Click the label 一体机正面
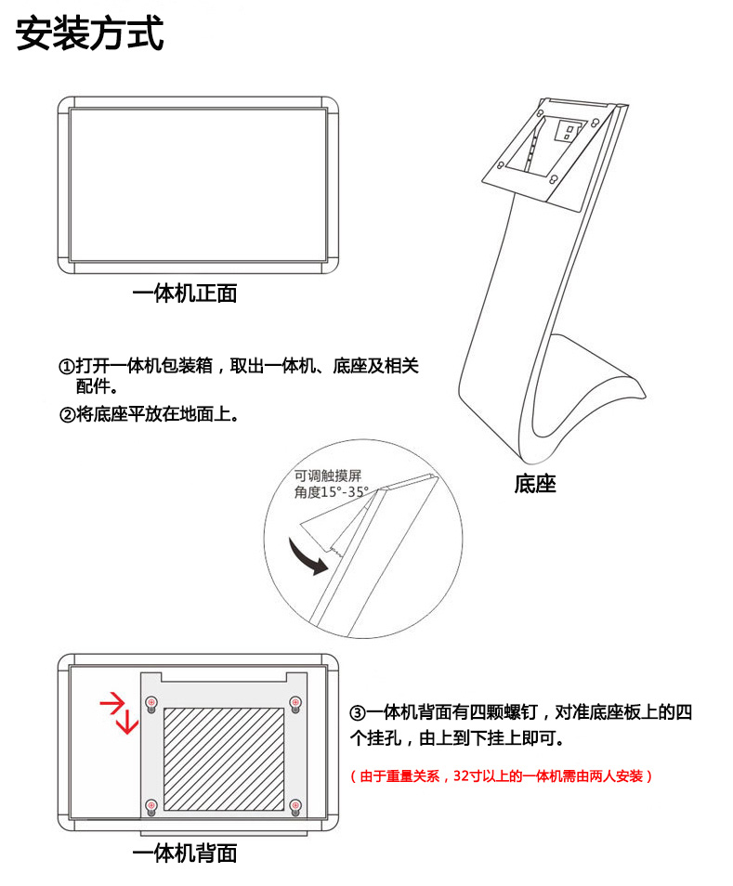185,293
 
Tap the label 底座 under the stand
534,484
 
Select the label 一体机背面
185,853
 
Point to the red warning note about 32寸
501,775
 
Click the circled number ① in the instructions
67,366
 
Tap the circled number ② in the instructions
67,415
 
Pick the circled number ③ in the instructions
357,712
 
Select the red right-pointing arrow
113,703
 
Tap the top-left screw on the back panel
151,703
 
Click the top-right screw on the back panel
295,703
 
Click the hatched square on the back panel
224,759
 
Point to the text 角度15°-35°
331,492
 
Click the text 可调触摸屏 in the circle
328,476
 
